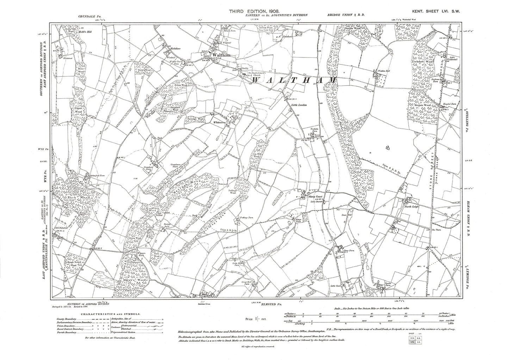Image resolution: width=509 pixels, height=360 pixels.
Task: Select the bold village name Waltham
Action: click(x=216, y=56)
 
